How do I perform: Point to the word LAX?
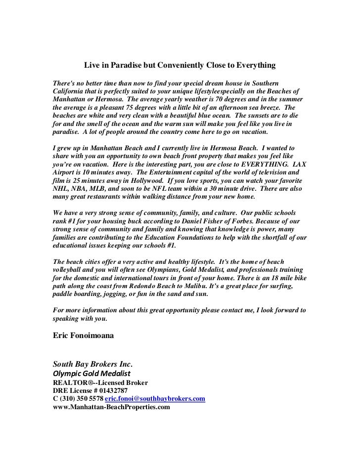point(297,164)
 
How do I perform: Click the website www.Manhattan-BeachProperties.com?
point(111,407)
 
